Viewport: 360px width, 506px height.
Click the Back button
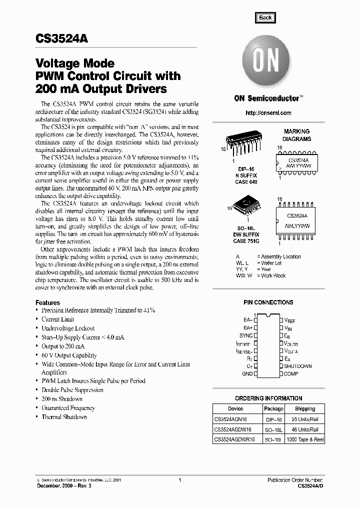[x=265, y=17]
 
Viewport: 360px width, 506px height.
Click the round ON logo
[x=264, y=63]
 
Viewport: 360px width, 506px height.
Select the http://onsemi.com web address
[x=268, y=113]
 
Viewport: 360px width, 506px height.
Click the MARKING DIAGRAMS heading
[x=296, y=135]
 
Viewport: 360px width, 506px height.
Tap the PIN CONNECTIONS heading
[x=268, y=302]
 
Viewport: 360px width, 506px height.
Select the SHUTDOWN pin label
[x=298, y=366]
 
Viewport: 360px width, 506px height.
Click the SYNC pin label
[x=245, y=335]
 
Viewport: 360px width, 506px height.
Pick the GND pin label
[x=247, y=373]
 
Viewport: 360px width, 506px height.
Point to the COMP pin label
[x=291, y=373]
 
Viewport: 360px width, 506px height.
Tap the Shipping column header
[x=305, y=408]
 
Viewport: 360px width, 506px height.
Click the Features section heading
[x=47, y=302]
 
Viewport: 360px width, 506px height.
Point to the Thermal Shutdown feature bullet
[x=64, y=417]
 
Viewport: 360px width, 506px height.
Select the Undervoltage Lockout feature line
[x=68, y=328]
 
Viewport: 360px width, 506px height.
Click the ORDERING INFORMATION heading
[x=268, y=398]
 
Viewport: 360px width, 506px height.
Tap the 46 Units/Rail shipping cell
[x=305, y=430]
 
